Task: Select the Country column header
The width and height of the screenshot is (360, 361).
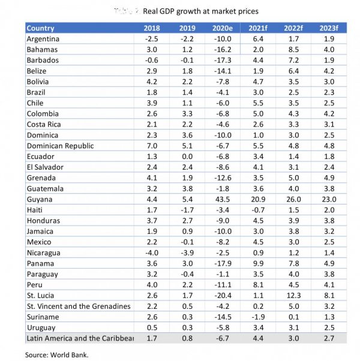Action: pos(41,28)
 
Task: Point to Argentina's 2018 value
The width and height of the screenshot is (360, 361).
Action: pos(151,39)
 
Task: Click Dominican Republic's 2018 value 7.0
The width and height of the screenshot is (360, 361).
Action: pos(152,145)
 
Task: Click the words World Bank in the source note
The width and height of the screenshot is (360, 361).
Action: pos(74,355)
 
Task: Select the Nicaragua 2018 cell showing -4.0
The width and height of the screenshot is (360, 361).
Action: pos(151,252)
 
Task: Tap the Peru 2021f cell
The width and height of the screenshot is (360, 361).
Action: pos(257,285)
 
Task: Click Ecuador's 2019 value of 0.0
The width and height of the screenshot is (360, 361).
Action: pos(187,156)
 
